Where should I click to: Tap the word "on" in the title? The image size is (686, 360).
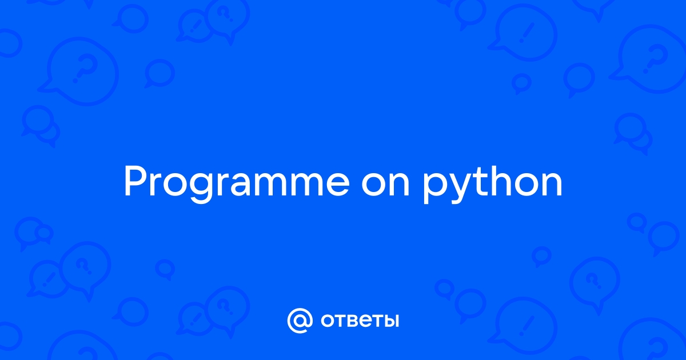(385, 184)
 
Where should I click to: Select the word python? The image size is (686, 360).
(492, 183)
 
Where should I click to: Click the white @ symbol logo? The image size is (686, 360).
(300, 321)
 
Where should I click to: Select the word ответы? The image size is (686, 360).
(360, 321)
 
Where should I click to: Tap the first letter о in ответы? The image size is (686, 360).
(328, 321)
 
